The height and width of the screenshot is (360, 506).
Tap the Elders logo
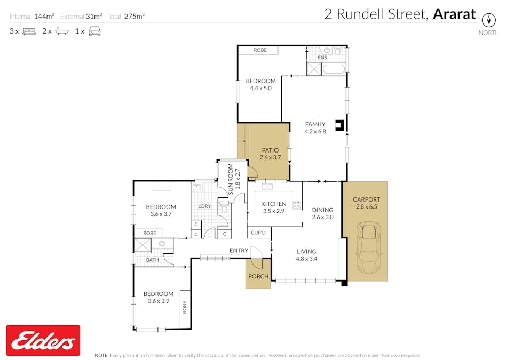point(43,340)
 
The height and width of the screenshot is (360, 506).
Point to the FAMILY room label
point(315,124)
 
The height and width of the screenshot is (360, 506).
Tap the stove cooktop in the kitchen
point(296,204)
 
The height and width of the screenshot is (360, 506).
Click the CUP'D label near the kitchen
point(259,233)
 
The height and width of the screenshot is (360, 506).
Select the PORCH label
point(258,276)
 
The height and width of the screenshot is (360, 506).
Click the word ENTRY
point(239,251)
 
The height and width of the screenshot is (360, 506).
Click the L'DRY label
point(204,206)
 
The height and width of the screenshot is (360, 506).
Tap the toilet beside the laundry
point(224,210)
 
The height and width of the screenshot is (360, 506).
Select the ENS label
point(322,57)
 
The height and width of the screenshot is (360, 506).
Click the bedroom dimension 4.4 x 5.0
point(260,89)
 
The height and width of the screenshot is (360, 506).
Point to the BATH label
point(153,260)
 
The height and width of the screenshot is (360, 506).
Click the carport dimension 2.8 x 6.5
point(366,206)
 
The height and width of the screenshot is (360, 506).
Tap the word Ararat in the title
point(454,14)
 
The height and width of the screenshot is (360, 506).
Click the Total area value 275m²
point(135,16)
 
